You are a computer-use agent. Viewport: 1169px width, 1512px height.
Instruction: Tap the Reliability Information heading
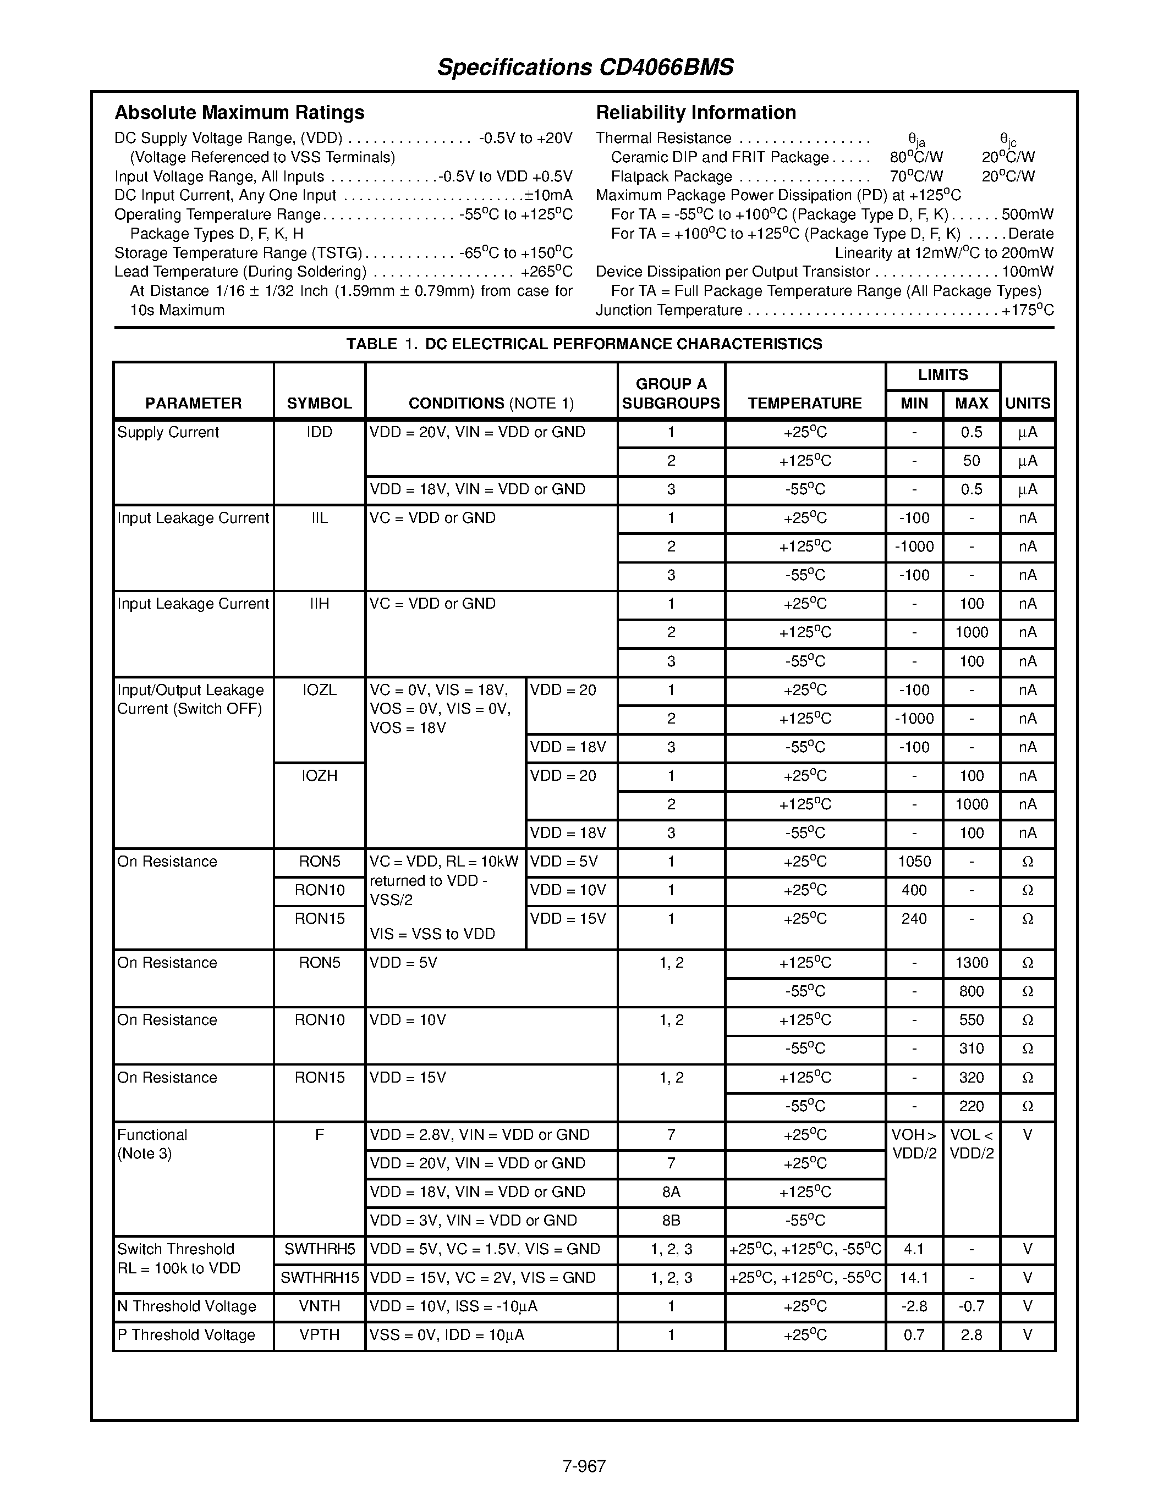(695, 112)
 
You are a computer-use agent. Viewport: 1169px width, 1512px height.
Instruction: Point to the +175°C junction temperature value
(1028, 310)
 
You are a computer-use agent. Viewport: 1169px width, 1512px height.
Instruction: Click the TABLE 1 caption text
(584, 344)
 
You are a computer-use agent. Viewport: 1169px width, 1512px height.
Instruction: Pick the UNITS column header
(1027, 403)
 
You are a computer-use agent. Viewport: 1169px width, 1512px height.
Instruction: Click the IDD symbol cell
(319, 433)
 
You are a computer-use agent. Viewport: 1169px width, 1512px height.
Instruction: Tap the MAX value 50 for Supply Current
(971, 461)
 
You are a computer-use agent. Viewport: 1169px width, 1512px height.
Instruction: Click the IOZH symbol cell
(319, 776)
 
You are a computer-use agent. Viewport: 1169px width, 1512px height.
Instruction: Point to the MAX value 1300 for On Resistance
(971, 963)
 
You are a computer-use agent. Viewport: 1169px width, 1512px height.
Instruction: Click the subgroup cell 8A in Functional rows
(671, 1192)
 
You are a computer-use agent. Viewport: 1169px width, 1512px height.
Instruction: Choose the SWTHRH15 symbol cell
(319, 1278)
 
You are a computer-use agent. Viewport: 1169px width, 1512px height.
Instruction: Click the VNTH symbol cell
(319, 1306)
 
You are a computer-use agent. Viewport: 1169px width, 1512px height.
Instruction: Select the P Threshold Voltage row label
(186, 1335)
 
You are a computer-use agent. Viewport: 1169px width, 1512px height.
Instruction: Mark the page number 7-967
(584, 1466)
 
